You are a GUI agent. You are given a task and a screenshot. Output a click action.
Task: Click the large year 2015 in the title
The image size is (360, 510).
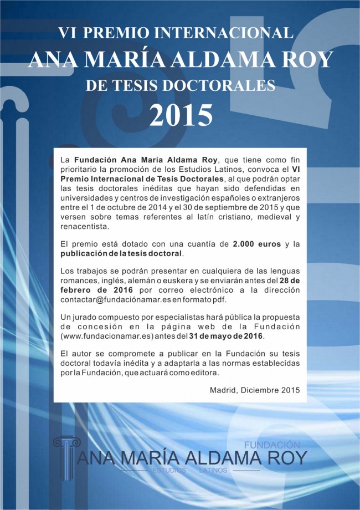click(x=181, y=114)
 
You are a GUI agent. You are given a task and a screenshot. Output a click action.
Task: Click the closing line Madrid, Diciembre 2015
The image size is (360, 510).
click(x=255, y=390)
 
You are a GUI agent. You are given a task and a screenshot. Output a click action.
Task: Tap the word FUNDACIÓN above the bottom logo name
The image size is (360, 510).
click(x=272, y=445)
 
